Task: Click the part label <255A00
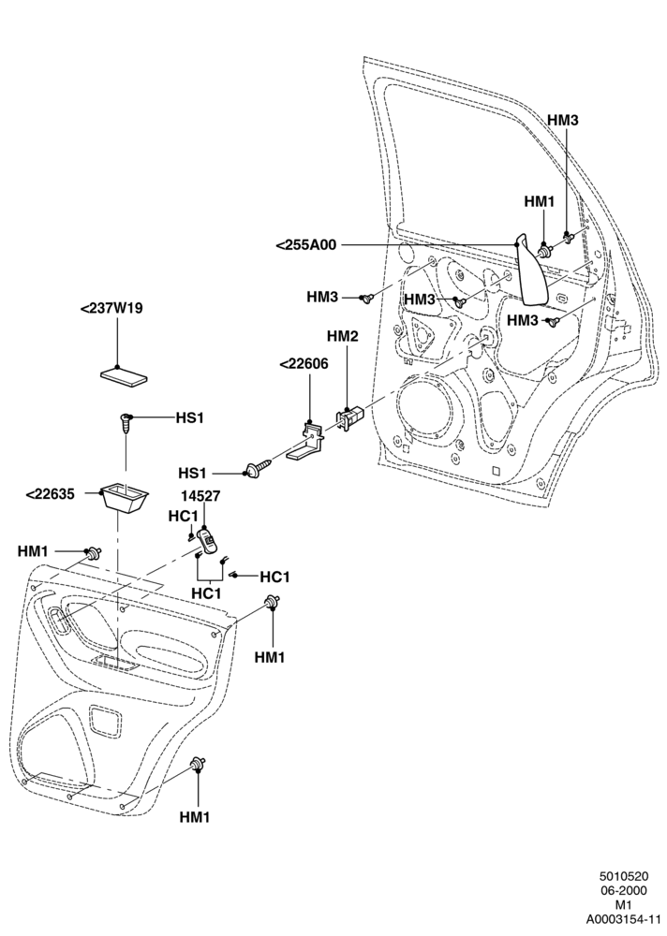(306, 244)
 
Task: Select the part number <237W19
(111, 309)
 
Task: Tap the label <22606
(304, 364)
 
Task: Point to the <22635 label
(51, 493)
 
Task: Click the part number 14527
(205, 495)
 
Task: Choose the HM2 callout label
(343, 337)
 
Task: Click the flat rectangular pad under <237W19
(123, 374)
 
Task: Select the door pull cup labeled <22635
(125, 497)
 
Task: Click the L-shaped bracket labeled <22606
(305, 441)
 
